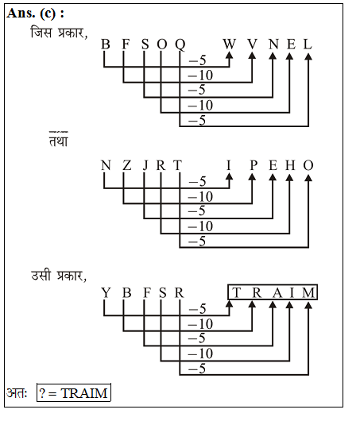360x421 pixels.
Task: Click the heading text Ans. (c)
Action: tap(35, 14)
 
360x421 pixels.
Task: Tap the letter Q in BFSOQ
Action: tap(180, 44)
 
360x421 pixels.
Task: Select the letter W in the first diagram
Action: tap(229, 44)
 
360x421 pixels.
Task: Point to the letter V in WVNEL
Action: tap(252, 44)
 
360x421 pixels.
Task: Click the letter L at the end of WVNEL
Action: tap(308, 44)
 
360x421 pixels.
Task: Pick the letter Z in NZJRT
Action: tap(127, 165)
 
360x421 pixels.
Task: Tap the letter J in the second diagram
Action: tap(145, 166)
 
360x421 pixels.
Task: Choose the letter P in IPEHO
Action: tap(254, 165)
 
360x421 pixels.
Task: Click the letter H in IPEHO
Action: tap(290, 165)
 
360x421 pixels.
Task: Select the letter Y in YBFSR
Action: tap(106, 292)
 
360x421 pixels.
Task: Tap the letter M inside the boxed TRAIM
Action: tap(308, 292)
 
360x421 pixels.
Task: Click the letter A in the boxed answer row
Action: tap(277, 292)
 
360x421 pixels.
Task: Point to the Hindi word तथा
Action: tap(59, 140)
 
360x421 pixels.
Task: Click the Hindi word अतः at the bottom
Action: tap(17, 393)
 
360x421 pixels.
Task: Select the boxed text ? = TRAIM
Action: tap(74, 393)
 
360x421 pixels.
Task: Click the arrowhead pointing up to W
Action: tap(229, 55)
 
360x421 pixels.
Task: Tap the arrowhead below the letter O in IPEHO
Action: tap(308, 177)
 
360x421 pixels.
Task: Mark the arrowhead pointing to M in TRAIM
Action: tap(308, 305)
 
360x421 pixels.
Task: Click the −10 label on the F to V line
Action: tap(200, 75)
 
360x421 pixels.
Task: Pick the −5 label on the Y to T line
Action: tap(198, 309)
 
